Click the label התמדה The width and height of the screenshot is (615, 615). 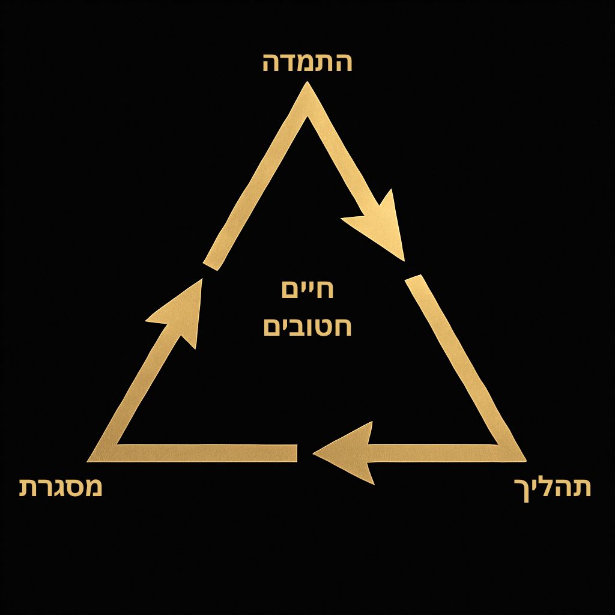(x=307, y=62)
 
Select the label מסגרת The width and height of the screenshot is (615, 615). (x=61, y=486)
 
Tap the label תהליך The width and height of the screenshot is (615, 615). (x=553, y=488)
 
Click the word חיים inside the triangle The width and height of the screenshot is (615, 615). (x=307, y=289)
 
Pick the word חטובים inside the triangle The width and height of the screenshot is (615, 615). (x=307, y=328)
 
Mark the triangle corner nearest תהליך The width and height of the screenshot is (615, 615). (x=518, y=456)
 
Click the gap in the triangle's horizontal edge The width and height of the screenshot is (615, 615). (x=305, y=453)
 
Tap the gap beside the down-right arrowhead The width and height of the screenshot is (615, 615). (x=408, y=270)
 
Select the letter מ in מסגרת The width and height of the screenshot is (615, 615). (x=92, y=486)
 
